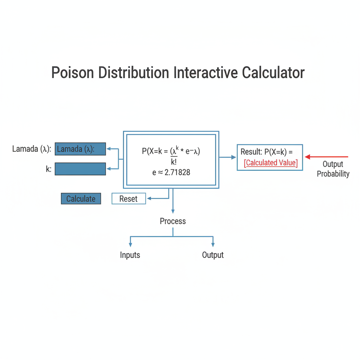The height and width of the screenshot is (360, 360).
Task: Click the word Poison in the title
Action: [73, 73]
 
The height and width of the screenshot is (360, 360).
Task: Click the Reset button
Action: [128, 199]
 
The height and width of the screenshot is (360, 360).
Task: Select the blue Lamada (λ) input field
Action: [80, 149]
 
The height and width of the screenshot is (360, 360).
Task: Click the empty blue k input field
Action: [80, 169]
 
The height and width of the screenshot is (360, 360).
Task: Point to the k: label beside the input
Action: [49, 169]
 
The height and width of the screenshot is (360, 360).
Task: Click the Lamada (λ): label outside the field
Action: [32, 149]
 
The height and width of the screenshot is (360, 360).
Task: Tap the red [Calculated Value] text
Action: [271, 163]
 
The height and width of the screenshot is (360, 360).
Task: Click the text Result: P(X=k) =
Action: [266, 152]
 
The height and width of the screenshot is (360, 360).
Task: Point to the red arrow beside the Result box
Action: [327, 157]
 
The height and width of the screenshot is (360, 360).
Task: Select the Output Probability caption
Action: [333, 169]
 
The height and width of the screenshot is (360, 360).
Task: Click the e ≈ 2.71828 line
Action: [171, 173]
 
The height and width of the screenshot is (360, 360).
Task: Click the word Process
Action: [173, 221]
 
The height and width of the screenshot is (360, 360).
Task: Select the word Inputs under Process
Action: [130, 255]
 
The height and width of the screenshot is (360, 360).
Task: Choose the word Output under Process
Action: [213, 255]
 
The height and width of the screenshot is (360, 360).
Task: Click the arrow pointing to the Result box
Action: [228, 157]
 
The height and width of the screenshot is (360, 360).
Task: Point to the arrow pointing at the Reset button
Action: [156, 199]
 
